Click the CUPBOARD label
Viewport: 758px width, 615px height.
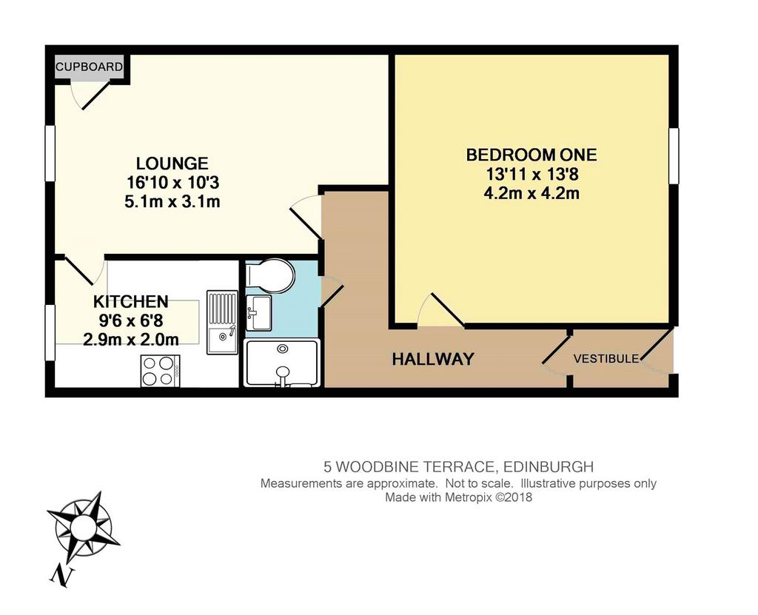(89, 67)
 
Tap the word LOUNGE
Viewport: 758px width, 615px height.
(172, 164)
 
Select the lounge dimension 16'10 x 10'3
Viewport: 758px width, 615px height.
(172, 183)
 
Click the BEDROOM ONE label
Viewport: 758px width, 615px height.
(531, 155)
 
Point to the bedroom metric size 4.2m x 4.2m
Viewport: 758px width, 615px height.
(531, 193)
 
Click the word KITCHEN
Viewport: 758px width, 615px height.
(130, 302)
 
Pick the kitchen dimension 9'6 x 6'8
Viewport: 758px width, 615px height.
(130, 320)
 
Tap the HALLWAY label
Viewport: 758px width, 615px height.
(432, 359)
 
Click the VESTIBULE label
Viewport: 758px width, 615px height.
(606, 359)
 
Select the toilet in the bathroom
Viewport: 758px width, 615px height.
(270, 275)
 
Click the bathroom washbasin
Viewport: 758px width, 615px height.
(258, 313)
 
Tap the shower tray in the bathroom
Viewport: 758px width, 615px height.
(282, 363)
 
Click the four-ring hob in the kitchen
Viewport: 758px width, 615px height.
(160, 371)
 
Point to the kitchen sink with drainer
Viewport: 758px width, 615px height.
(222, 322)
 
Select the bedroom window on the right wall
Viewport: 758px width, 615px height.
(674, 155)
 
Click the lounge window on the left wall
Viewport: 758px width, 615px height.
(50, 153)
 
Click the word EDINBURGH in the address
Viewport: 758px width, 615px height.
(549, 467)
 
